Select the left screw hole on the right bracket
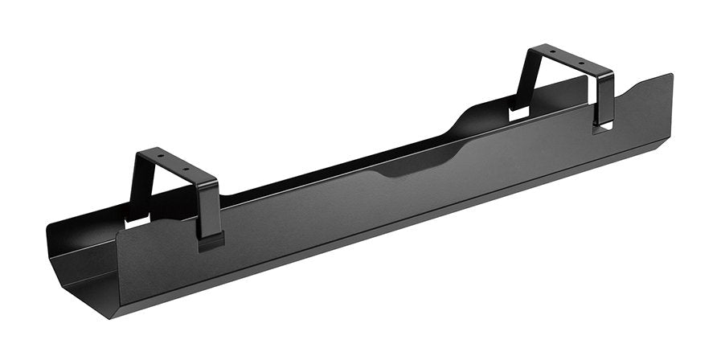click(x=551, y=52)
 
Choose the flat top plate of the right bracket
click(x=564, y=59)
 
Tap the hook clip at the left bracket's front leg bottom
click(x=211, y=239)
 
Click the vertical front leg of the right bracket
click(x=604, y=100)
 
